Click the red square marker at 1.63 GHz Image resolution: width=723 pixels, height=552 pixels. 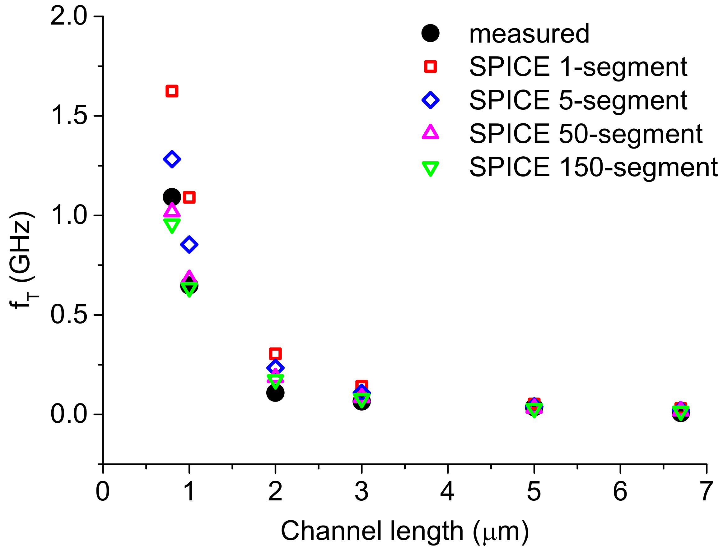(x=172, y=91)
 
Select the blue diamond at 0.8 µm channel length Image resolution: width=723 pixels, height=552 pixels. (x=172, y=159)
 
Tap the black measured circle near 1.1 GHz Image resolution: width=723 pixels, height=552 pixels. (x=172, y=197)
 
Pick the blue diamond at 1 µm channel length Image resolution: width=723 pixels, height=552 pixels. (x=189, y=245)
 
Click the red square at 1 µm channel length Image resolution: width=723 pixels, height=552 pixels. (x=189, y=197)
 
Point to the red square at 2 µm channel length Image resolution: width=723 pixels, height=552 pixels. (x=275, y=354)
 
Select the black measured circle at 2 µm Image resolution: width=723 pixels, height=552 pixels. (x=275, y=393)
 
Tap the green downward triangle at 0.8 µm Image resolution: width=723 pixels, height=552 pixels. (x=172, y=225)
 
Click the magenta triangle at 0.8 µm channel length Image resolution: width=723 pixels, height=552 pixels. (x=172, y=210)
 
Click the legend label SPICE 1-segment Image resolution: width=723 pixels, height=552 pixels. (x=578, y=67)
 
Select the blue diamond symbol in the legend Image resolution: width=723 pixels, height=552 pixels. (x=430, y=100)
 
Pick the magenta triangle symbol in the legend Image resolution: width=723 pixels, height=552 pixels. (x=430, y=133)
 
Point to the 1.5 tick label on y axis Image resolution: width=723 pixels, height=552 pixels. (x=69, y=116)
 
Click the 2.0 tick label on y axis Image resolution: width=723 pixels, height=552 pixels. (x=69, y=16)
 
